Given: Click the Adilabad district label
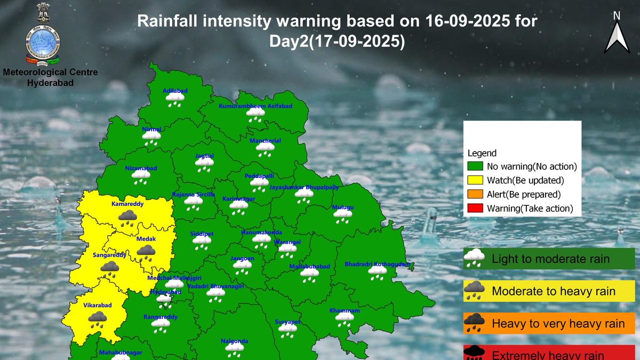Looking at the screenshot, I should (x=175, y=91).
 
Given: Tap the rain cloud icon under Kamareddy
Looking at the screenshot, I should (x=127, y=218).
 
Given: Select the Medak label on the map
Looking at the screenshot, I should (x=146, y=240).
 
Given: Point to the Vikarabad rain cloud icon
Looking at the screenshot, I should (x=97, y=319).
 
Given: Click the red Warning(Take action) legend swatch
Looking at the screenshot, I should (x=475, y=209).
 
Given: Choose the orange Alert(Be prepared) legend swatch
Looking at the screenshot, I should (x=475, y=195).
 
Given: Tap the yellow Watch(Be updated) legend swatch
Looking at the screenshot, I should (x=475, y=181).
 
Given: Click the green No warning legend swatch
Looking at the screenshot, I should (x=475, y=166).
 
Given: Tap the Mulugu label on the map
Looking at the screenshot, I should (x=342, y=207).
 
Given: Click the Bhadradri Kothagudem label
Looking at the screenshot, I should (x=377, y=264).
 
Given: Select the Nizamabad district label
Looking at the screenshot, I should (x=141, y=168).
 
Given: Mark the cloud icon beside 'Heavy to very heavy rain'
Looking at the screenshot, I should (x=474, y=323).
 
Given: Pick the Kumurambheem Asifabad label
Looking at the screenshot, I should (x=255, y=106).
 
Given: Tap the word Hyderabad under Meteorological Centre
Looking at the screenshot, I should (x=50, y=83).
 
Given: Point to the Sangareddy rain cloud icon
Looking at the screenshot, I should (x=110, y=268).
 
